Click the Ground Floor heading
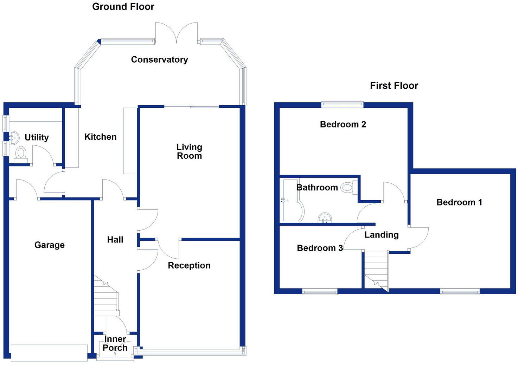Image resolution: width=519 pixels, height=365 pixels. coord(123,7)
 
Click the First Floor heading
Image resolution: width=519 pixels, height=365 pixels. coord(394,86)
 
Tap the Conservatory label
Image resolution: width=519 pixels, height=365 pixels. coord(159,59)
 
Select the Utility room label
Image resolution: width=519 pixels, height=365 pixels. coord(37,137)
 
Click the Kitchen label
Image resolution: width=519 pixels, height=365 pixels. coord(100,137)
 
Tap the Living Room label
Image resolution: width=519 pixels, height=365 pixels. coord(189,151)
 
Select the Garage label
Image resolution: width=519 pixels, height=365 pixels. coord(50,245)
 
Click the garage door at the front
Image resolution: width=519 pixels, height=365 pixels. coord(49,353)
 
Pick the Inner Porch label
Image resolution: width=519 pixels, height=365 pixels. coord(115,344)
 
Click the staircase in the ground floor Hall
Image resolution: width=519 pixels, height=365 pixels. coord(105,296)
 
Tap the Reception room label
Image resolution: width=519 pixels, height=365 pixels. coord(189,265)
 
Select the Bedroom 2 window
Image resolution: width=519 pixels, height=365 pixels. coord(342,104)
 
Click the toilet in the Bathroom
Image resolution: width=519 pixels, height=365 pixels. coord(347,188)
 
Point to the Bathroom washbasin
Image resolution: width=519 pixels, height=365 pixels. coord(325,218)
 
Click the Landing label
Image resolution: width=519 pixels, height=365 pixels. coord(382,235)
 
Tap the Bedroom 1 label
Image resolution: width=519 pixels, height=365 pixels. coord(459,202)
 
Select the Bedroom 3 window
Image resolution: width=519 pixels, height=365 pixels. coord(320,291)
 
